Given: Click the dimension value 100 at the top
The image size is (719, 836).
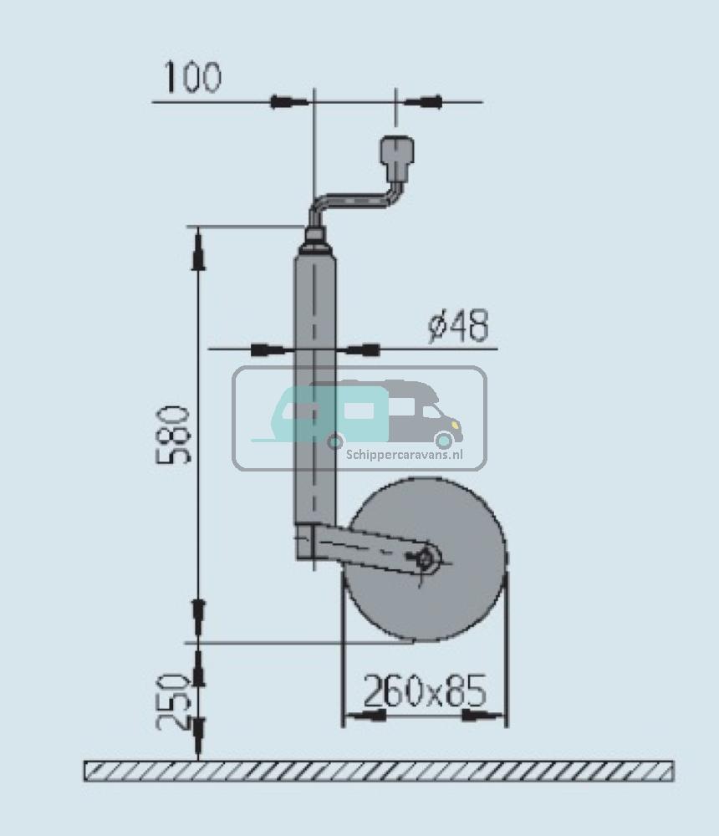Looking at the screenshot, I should pos(191,78).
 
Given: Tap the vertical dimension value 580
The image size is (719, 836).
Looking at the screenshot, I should pos(176,435).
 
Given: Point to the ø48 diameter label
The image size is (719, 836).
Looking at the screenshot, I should pos(457,326).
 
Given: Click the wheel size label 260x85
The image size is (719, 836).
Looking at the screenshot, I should pos(424,691).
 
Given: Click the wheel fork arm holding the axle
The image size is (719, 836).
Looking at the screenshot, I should pos(368,548).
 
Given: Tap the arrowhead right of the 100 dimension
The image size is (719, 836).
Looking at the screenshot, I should pos(423,102).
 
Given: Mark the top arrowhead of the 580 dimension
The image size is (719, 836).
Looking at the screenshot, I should pos(198,251).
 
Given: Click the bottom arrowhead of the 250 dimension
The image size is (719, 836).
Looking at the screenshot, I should pos(198,736).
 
